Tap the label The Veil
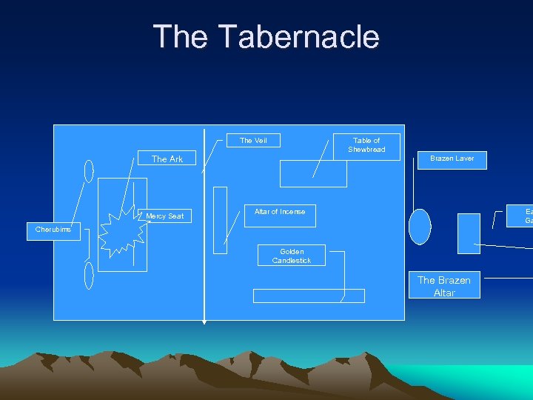[253, 140]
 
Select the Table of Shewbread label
[366, 145]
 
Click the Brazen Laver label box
[452, 159]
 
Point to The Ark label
[167, 159]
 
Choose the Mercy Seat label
[165, 216]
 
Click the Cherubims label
[53, 229]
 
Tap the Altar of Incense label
[280, 212]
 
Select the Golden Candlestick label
[291, 256]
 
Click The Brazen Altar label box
[444, 286]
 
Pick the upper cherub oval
[89, 171]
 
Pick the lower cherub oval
[89, 275]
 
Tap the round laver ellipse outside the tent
[420, 227]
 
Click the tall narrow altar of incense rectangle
[220, 220]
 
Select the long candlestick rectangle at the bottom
[309, 296]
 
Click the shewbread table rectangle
[313, 174]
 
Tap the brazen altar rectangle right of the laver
[469, 233]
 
